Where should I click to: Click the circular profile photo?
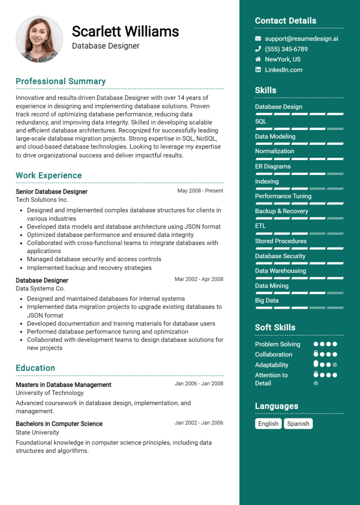coord(39,39)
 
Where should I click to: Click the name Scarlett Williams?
coord(125,31)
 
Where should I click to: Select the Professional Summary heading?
coord(60,81)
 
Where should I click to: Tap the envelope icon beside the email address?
coord(258,38)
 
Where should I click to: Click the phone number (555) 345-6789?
coord(286,49)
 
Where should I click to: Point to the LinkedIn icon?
coord(258,69)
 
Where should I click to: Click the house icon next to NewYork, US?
coord(258,59)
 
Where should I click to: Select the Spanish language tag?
coord(298,423)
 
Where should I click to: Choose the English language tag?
coord(268,423)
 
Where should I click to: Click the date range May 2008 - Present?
coord(200,191)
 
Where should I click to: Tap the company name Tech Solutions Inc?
coord(42,200)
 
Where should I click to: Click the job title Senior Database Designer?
coord(52,191)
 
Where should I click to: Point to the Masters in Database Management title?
coord(63,385)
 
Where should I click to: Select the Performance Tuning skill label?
coord(283,196)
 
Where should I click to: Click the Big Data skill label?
coord(267,300)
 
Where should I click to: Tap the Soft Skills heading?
coord(275,327)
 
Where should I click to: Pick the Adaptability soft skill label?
coord(271,364)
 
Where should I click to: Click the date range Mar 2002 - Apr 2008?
coord(199,279)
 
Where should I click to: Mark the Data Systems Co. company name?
coord(40,289)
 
